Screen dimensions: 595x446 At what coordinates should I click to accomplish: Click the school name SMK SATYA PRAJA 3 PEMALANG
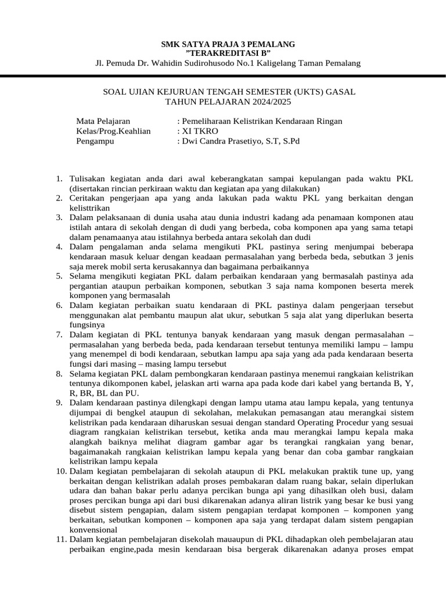228,44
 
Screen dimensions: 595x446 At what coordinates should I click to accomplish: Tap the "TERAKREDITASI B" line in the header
228,53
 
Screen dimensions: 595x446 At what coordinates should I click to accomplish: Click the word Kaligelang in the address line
283,63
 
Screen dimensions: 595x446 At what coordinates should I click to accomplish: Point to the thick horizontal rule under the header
223,77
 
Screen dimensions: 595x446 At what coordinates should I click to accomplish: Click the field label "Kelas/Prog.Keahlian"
113,131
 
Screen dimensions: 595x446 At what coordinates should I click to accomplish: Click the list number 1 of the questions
59,180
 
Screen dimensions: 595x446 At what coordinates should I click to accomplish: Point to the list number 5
59,275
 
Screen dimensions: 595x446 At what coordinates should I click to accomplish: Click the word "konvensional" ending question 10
93,531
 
